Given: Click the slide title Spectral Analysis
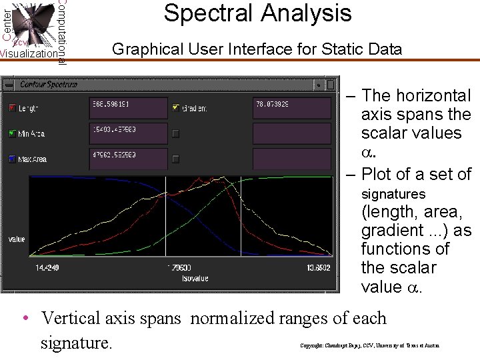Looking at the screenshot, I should pyautogui.click(x=257, y=13).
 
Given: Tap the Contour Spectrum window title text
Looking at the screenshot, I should pyautogui.click(x=49, y=85).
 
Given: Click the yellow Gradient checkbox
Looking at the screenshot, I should pyautogui.click(x=176, y=107).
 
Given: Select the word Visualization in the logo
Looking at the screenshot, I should pyautogui.click(x=28, y=53).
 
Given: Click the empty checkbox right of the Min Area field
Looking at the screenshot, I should pyautogui.click(x=176, y=134).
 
